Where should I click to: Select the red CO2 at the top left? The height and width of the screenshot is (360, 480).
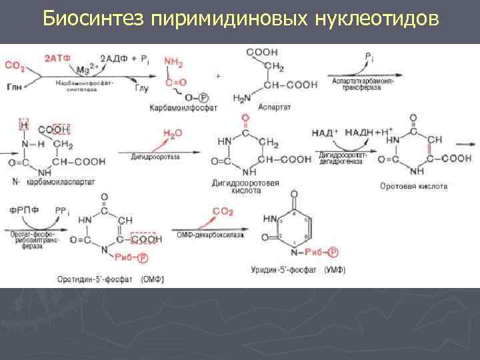15,65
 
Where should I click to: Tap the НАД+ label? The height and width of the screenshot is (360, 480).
325,133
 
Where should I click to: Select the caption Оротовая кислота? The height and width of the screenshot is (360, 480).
413,186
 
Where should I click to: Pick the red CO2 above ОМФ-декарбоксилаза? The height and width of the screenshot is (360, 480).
223,212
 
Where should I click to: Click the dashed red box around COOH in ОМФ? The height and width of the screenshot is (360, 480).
143,238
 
